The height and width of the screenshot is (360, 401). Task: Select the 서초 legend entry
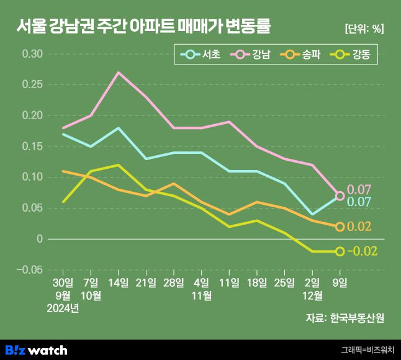coord(200,55)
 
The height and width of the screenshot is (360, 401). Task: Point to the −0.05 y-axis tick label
coord(30,270)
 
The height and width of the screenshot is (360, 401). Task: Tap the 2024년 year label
coord(63,308)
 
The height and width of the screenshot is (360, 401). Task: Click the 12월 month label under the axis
coord(312,295)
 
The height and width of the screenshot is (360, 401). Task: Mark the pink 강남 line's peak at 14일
coord(119,73)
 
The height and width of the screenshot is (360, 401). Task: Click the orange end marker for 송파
coord(340,227)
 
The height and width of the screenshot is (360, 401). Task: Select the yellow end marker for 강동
coord(340,251)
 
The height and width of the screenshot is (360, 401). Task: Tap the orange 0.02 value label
coord(359,227)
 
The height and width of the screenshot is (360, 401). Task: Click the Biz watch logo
coord(36,350)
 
